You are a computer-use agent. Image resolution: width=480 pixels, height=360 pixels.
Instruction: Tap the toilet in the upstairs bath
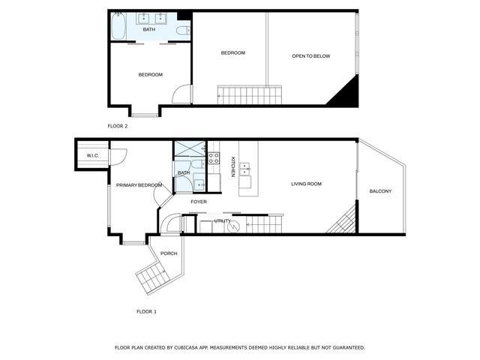pyautogui.click(x=183, y=30)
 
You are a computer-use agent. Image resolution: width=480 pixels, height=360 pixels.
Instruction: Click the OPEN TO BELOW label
pyautogui.click(x=310, y=56)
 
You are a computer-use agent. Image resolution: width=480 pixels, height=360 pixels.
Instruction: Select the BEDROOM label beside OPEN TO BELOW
pyautogui.click(x=232, y=52)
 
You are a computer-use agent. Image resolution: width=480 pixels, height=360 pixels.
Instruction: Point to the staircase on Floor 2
pyautogui.click(x=250, y=94)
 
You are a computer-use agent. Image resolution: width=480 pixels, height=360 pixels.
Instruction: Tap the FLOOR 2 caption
pyautogui.click(x=118, y=126)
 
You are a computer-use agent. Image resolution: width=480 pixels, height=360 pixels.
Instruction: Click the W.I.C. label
pyautogui.click(x=93, y=155)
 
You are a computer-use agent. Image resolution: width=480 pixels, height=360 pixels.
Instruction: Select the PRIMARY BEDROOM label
pyautogui.click(x=139, y=184)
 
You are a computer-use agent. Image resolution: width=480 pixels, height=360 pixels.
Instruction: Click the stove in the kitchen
pyautogui.click(x=213, y=158)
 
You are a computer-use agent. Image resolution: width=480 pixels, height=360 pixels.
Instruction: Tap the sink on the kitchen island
pyautogui.click(x=245, y=169)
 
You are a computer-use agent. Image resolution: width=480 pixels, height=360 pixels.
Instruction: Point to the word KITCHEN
pyautogui.click(x=232, y=166)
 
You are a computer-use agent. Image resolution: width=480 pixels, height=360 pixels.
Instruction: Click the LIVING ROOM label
pyautogui.click(x=306, y=184)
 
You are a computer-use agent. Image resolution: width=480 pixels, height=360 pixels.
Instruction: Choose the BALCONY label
pyautogui.click(x=380, y=191)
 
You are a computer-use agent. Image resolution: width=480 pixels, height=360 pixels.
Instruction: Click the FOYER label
pyautogui.click(x=198, y=202)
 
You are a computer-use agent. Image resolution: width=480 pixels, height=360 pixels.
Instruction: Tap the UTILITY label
pyautogui.click(x=222, y=221)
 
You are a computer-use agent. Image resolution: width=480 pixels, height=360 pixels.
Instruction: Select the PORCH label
pyautogui.click(x=169, y=253)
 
